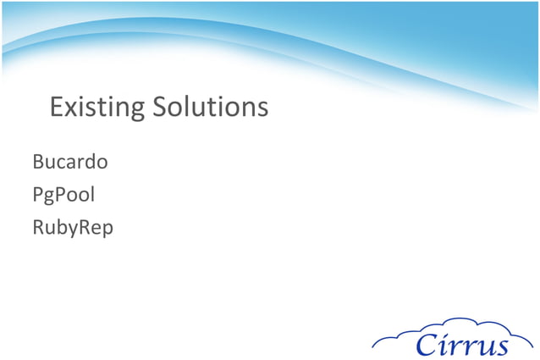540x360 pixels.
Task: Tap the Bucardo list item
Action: [69, 161]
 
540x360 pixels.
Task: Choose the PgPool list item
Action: [63, 195]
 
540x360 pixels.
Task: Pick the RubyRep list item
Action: [72, 228]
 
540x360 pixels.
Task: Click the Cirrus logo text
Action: [461, 345]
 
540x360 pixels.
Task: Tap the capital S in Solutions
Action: [161, 108]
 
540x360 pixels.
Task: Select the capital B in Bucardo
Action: [38, 161]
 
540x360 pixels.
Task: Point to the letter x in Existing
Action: [71, 109]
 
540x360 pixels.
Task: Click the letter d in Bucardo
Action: [91, 161]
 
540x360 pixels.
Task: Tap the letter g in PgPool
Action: [50, 197]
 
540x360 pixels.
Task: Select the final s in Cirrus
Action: [502, 346]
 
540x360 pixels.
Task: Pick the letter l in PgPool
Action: [91, 194]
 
